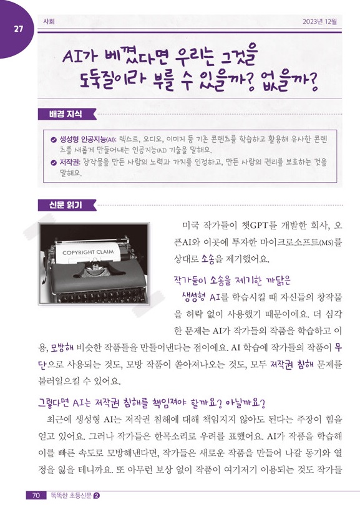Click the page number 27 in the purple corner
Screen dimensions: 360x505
click(x=18, y=29)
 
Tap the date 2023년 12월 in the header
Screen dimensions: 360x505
click(x=319, y=22)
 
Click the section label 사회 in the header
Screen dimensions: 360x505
click(x=49, y=22)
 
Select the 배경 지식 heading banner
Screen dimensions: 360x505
click(x=67, y=114)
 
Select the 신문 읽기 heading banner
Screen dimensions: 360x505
click(x=67, y=205)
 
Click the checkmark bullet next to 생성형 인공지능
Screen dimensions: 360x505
click(x=54, y=140)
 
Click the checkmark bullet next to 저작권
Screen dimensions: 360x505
click(x=54, y=162)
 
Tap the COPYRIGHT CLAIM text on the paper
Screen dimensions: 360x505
click(x=88, y=252)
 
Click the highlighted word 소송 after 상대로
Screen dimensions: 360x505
click(x=208, y=259)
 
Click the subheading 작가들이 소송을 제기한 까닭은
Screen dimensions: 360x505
click(x=232, y=281)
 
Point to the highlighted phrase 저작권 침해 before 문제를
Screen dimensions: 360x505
click(x=291, y=365)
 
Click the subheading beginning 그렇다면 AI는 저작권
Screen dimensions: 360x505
click(x=152, y=403)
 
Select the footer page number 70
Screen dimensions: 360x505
click(x=36, y=495)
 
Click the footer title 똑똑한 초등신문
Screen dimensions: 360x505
click(x=70, y=495)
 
